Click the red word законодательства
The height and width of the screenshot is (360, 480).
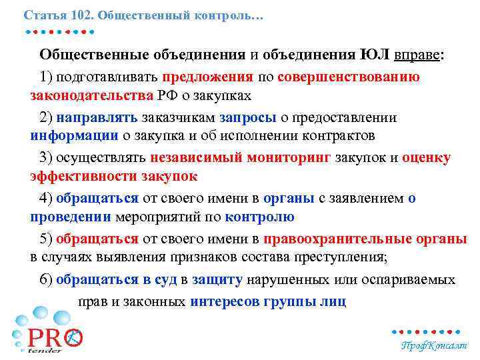point(91,95)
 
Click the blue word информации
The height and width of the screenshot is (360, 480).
point(73,136)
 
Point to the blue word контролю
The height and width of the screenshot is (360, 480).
point(260,217)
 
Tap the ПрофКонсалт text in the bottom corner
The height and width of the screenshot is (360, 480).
point(433,346)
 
